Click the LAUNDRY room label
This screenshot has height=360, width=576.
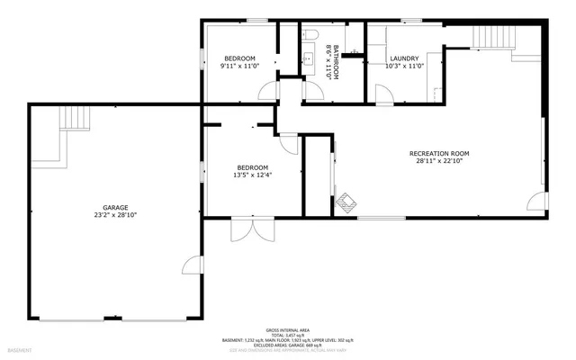[404, 58]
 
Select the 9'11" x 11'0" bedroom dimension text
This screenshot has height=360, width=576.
[240, 66]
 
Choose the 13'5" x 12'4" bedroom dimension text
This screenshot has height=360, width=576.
[253, 175]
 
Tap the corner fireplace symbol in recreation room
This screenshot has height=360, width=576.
[346, 202]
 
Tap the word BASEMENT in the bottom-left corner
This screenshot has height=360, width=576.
[19, 349]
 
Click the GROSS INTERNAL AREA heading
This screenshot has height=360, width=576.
[287, 329]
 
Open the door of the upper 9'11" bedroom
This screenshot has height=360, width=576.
[268, 91]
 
